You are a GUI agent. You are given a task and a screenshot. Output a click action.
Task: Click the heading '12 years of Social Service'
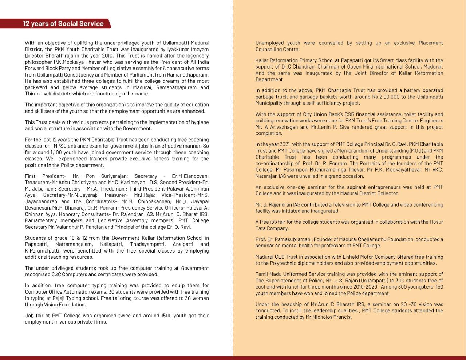(x=63, y=24)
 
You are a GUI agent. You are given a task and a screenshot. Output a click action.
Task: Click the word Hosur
(x=435, y=222)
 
